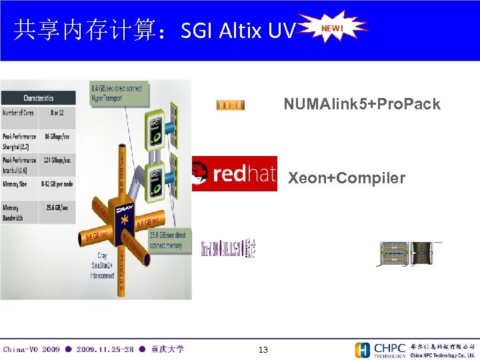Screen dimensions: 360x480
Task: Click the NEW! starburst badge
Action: (x=332, y=28)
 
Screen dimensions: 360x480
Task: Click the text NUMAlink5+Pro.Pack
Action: (x=361, y=104)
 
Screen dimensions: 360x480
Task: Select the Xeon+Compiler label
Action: (x=346, y=178)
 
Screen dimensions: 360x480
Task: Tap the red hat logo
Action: (x=235, y=174)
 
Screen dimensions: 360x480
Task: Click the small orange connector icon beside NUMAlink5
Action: (x=230, y=105)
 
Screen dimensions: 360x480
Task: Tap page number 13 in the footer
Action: (x=263, y=350)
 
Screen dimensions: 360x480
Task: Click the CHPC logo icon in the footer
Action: (x=363, y=350)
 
